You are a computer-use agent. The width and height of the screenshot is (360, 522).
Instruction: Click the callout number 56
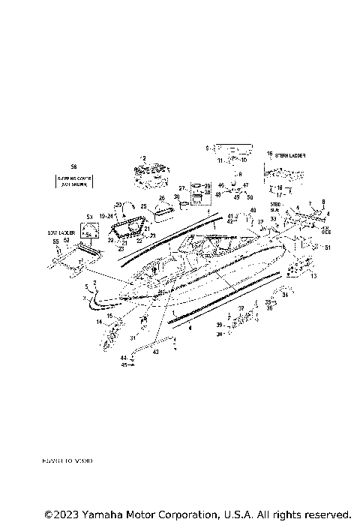click(x=73, y=166)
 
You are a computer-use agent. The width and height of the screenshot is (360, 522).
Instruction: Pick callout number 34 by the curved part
click(x=285, y=295)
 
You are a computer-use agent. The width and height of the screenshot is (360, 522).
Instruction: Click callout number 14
click(x=98, y=322)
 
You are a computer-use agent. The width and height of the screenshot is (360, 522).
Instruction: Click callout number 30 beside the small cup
click(x=176, y=196)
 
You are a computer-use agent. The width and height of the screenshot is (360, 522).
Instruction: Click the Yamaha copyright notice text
click(x=197, y=514)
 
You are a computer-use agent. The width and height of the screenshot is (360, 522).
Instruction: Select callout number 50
click(x=250, y=197)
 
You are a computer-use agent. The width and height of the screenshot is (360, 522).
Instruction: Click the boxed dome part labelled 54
click(x=89, y=233)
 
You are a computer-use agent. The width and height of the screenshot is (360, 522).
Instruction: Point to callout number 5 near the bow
click(x=86, y=287)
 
